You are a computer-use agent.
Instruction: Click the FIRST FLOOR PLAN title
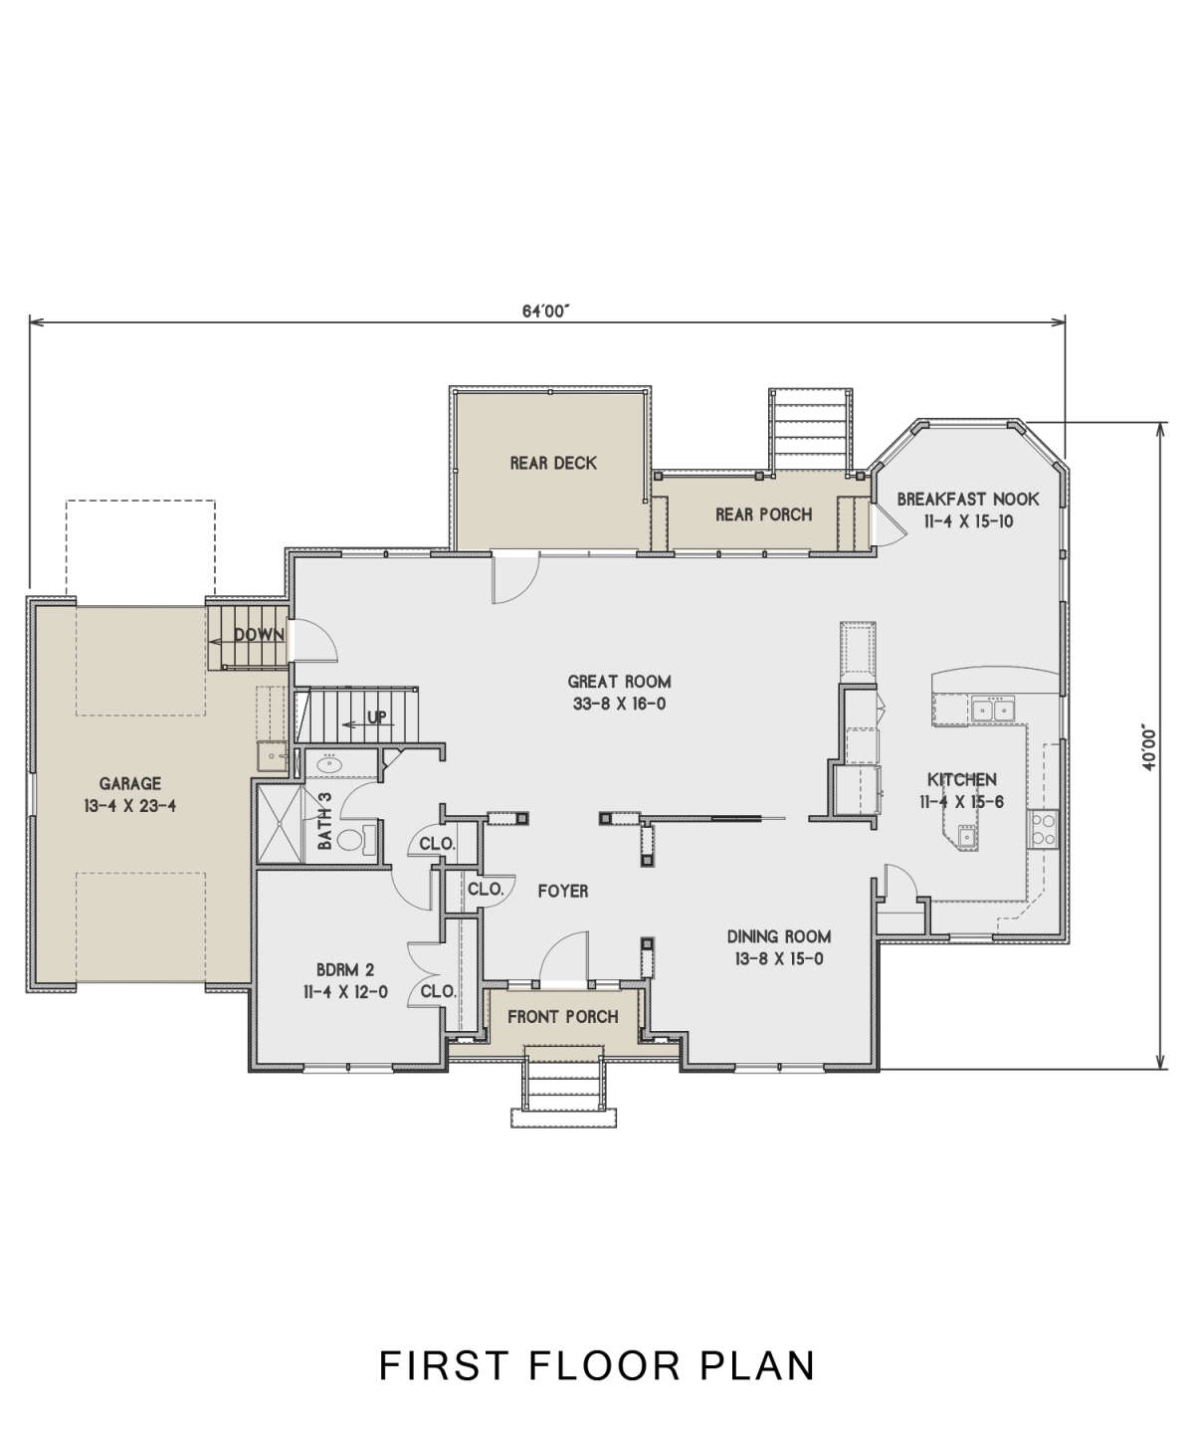click(x=597, y=1365)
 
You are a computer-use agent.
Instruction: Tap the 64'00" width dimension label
click(x=547, y=311)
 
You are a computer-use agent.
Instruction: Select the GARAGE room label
click(x=130, y=783)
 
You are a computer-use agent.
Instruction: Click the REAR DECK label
click(x=553, y=464)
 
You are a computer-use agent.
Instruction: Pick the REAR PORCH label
click(x=764, y=514)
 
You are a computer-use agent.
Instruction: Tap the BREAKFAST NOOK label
click(x=968, y=499)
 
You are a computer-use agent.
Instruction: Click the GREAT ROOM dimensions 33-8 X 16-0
click(x=620, y=705)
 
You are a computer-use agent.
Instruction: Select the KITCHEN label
click(x=962, y=779)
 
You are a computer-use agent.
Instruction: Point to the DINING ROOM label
click(x=779, y=936)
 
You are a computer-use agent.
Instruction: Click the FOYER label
click(x=563, y=892)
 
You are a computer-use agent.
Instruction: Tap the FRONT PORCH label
click(x=563, y=1016)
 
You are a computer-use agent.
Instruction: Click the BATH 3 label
click(x=325, y=821)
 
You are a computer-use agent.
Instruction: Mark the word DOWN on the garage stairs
click(x=259, y=635)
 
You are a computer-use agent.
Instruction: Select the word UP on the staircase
click(x=377, y=717)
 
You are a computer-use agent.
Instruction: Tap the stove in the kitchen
click(x=1043, y=829)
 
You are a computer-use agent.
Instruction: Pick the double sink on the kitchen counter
click(x=992, y=709)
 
